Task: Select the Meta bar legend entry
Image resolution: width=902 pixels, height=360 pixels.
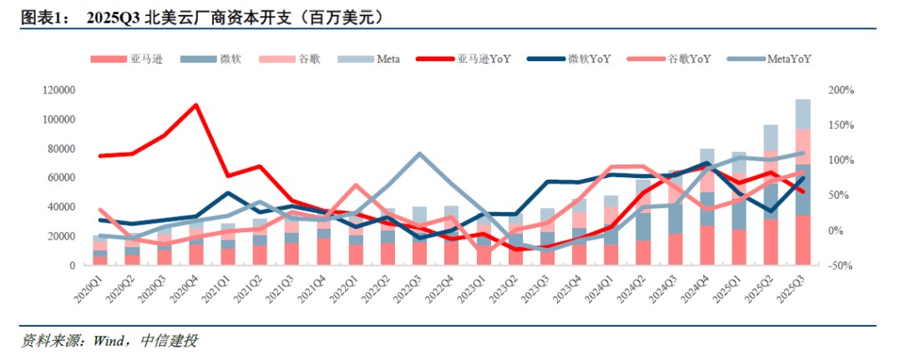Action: (x=388, y=58)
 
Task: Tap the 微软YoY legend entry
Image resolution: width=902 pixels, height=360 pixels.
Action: (x=587, y=58)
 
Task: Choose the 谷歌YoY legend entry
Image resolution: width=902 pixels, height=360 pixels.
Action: (x=687, y=58)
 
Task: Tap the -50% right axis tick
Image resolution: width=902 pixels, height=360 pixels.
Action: (x=838, y=266)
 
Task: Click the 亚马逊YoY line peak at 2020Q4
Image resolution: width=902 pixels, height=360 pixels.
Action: (x=195, y=105)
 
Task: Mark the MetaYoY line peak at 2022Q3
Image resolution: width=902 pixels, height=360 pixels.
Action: (x=419, y=154)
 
